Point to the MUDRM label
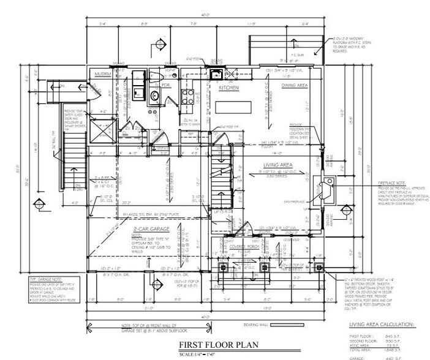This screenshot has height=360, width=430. point(102,74)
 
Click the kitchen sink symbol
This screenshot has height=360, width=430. point(216,75)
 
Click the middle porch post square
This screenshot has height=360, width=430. point(265,267)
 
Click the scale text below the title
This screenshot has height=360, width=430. point(214,353)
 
